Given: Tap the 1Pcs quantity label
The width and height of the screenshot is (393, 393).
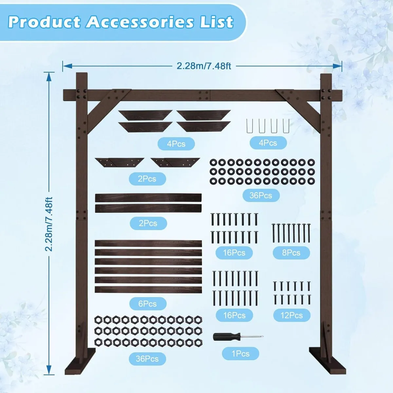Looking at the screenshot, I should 240,354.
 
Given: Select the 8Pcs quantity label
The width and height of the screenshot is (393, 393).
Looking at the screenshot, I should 291,253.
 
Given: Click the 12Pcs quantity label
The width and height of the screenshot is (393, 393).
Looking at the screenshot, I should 291,315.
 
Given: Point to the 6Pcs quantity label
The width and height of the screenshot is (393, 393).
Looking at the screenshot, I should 147,304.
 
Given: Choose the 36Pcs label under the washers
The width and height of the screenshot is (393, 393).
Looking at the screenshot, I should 261,196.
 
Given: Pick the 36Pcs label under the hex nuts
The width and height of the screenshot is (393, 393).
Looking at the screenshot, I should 147,359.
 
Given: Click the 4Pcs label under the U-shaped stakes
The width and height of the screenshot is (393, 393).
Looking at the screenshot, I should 268,143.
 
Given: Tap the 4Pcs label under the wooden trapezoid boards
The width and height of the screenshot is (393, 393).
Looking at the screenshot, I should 176,144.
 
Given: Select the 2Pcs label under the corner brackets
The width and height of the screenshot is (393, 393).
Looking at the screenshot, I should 147,179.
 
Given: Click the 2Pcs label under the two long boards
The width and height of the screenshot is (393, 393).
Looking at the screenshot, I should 148,223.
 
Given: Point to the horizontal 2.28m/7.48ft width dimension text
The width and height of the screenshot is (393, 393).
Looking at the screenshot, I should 204,66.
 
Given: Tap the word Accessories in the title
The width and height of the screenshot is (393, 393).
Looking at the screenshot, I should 140,22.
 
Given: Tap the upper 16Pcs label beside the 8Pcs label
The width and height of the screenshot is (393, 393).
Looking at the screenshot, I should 234,253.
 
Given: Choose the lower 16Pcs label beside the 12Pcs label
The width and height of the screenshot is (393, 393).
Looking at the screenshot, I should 234,315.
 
